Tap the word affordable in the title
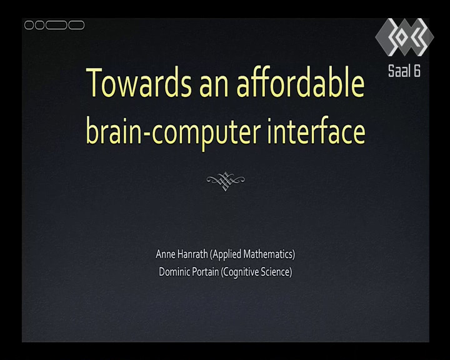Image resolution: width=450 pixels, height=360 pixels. tap(301, 81)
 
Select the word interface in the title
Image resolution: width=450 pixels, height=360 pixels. tap(316, 131)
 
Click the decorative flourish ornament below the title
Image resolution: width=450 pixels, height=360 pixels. tap(226, 181)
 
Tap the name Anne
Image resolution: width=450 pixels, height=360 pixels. tap(165, 254)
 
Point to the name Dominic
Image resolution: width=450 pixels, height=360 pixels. tap(173, 272)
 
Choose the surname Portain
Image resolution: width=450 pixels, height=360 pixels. tap(204, 272)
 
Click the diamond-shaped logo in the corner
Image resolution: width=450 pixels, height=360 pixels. tap(404, 37)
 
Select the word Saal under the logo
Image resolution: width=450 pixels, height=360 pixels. tap(397, 71)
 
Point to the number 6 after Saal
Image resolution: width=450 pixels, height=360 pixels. tap(417, 71)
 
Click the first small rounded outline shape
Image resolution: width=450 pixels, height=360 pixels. tap(29, 25)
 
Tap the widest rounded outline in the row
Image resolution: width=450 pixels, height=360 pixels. tap(56, 25)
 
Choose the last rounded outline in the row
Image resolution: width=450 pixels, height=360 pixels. tap(76, 25)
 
